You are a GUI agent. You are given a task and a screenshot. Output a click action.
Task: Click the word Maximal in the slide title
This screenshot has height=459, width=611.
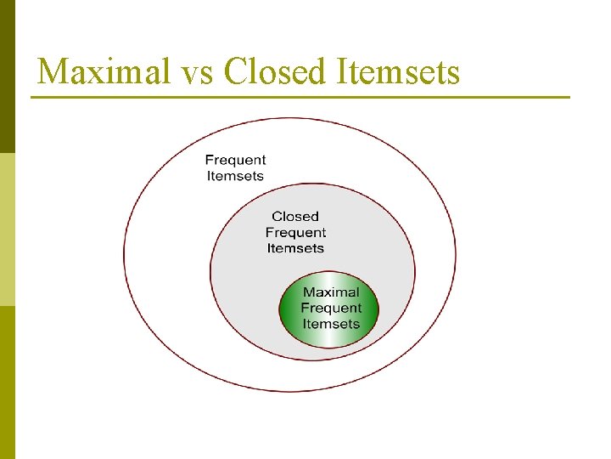[104, 71]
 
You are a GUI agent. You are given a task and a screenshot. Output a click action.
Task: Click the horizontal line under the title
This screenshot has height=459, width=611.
[300, 98]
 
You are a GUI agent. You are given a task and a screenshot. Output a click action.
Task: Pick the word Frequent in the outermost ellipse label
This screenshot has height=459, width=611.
[235, 160]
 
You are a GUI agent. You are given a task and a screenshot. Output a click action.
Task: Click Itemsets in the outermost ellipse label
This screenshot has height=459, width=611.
[235, 176]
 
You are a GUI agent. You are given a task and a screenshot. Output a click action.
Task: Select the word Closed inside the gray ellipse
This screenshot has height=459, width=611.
[295, 217]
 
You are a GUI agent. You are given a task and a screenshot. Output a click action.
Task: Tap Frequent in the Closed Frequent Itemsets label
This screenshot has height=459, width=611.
[295, 233]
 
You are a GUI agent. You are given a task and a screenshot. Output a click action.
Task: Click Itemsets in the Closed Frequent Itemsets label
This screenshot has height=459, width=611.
[295, 248]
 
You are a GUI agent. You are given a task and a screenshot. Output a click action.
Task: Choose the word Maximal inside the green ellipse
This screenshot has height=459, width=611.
[331, 292]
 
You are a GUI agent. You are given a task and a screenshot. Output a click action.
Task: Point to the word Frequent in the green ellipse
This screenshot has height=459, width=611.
[331, 308]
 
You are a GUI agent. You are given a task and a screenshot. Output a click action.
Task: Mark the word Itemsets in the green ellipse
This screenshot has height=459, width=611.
[331, 324]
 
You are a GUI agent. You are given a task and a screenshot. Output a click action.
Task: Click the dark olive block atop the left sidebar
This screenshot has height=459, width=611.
[8, 76]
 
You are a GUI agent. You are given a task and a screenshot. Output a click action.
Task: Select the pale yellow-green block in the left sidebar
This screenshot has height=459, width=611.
[8, 229]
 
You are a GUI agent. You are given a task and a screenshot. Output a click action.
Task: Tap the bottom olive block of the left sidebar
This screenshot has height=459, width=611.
[8, 382]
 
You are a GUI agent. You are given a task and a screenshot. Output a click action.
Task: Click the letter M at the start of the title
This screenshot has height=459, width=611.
[53, 71]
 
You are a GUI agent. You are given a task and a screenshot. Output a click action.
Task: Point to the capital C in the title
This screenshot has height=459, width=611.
[236, 71]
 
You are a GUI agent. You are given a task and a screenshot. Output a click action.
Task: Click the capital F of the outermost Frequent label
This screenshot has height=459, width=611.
[210, 160]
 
